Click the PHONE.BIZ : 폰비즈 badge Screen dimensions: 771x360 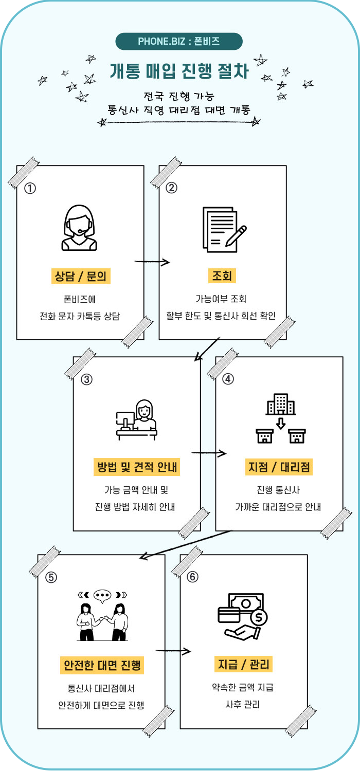click(x=179, y=41)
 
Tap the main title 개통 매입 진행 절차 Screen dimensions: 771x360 click(x=179, y=71)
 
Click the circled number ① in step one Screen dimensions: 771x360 click(x=30, y=188)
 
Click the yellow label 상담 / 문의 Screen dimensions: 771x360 click(x=81, y=276)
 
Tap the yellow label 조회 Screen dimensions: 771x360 click(x=222, y=276)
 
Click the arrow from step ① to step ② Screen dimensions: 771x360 click(x=152, y=262)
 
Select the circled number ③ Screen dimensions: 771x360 click(x=86, y=379)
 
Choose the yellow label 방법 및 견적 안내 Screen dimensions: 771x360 click(x=137, y=467)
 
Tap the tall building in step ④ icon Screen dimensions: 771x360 click(x=280, y=405)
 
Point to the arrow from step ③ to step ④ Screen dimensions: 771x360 click(x=209, y=453)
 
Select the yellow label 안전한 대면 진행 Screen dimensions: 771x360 click(x=101, y=665)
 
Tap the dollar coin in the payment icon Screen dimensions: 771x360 click(x=258, y=616)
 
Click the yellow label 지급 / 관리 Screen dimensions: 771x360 click(x=243, y=665)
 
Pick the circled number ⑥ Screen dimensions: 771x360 click(x=193, y=577)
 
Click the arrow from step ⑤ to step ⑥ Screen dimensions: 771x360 click(x=173, y=651)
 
